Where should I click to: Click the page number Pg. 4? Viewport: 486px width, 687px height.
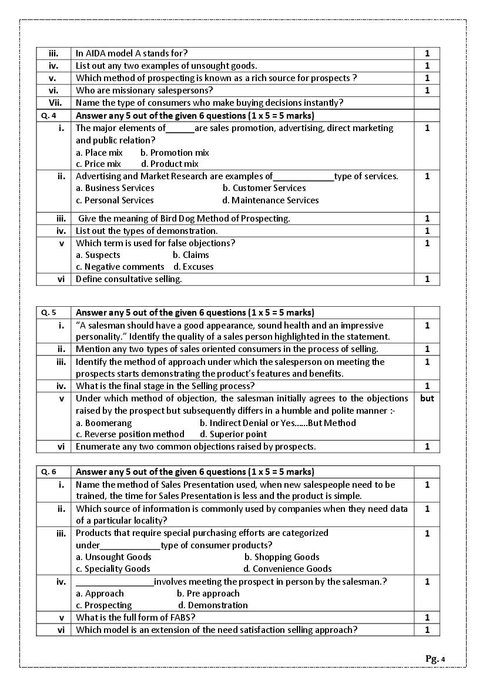pyautogui.click(x=435, y=659)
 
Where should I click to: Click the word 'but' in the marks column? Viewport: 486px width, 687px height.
pyautogui.click(x=427, y=398)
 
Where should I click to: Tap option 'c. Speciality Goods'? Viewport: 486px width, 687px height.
pyautogui.click(x=113, y=569)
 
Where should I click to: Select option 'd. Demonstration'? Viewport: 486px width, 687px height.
pyautogui.click(x=213, y=605)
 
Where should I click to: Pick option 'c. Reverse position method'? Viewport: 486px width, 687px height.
pyautogui.click(x=130, y=434)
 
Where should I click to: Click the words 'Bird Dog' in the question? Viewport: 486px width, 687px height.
pyautogui.click(x=167, y=219)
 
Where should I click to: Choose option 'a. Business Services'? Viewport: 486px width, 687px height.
pyautogui.click(x=115, y=188)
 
